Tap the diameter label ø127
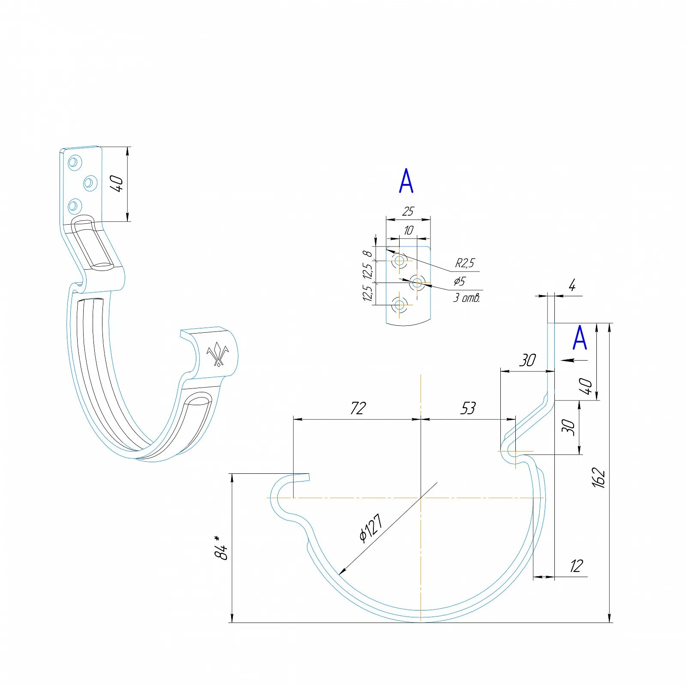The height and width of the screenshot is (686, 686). coord(371,528)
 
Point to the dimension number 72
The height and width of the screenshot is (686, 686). coord(358,408)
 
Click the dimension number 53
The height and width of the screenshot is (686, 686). coord(468,408)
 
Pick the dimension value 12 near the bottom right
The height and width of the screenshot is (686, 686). coord(576,566)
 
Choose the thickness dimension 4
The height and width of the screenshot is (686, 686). coord(572,286)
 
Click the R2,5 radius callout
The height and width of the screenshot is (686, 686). coord(465,263)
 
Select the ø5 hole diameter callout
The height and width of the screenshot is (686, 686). coord(460,281)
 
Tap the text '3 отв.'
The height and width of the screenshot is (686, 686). coord(466,298)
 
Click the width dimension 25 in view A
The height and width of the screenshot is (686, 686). coord(408,211)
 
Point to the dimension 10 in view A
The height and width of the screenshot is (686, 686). coord(408,230)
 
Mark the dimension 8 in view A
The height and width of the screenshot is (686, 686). coord(368,254)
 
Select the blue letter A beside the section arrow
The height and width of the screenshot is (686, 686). coord(580,338)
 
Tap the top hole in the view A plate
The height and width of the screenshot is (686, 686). coord(400,260)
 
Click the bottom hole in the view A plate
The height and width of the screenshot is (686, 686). coord(400,305)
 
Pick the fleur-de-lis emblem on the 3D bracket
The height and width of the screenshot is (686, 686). coord(218,354)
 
